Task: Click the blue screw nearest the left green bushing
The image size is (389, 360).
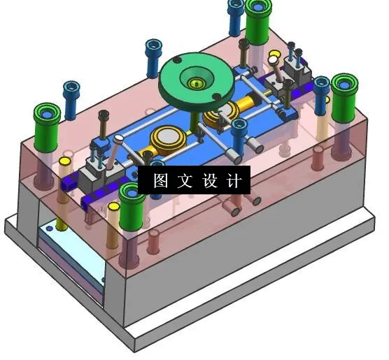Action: coord(70,98)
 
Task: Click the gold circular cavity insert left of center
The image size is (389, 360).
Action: coord(169,137)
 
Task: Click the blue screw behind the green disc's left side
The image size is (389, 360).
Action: coord(153,56)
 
